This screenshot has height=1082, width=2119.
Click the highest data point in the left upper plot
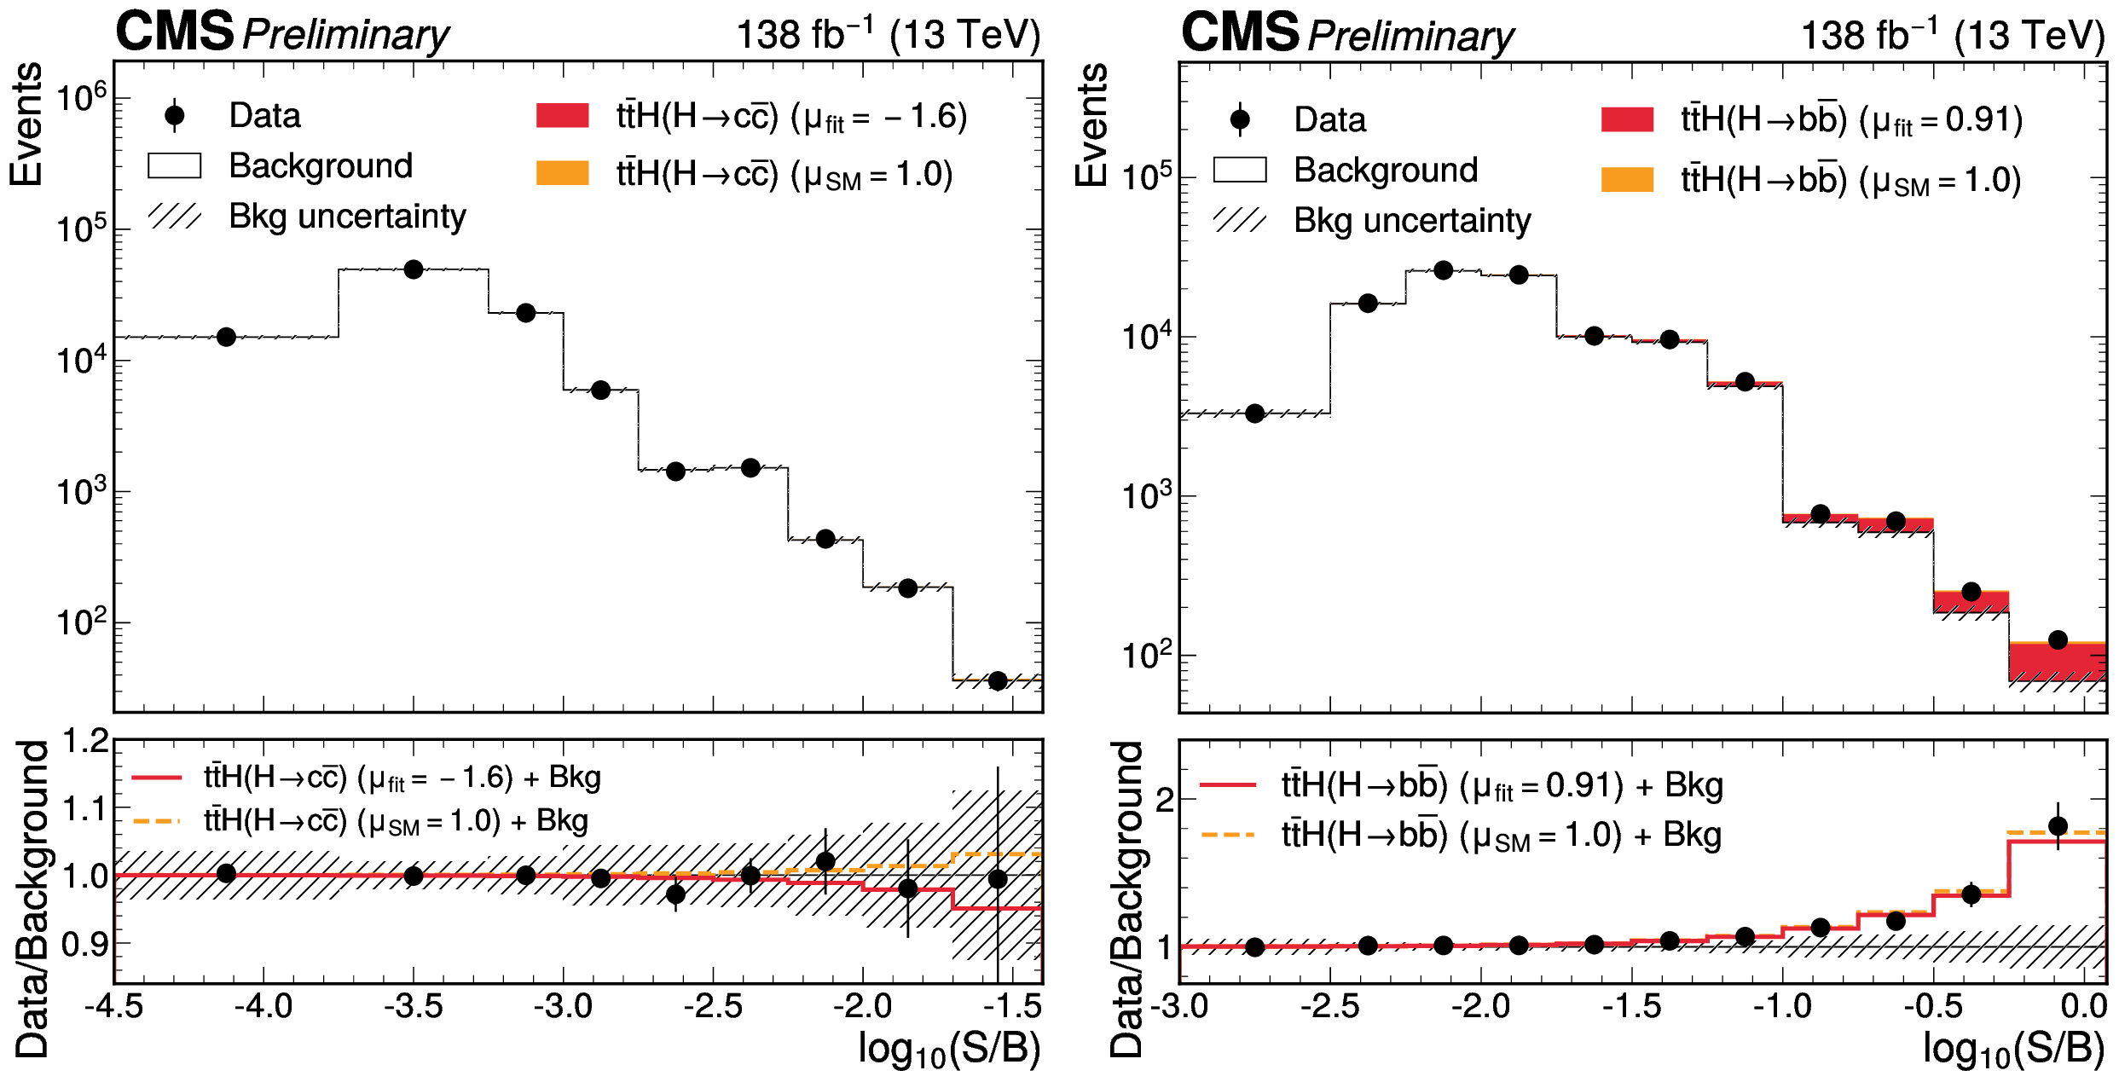pos(414,269)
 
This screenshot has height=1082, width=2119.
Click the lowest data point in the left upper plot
pos(998,680)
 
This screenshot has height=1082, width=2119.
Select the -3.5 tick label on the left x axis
pos(414,1007)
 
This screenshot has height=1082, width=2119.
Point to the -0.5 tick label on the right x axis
pos(1934,1007)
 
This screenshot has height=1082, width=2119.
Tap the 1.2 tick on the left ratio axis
pos(86,741)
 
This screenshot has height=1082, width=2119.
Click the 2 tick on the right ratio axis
pos(1165,801)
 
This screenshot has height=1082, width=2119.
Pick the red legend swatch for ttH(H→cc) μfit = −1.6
pos(562,116)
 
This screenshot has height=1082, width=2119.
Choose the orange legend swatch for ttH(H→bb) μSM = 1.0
pos(1627,180)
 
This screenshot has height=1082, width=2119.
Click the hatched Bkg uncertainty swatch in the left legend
pos(175,217)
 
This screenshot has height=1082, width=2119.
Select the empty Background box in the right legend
pos(1240,170)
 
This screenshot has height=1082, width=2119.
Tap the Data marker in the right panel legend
pos(1240,119)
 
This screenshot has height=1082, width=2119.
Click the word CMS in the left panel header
pos(175,32)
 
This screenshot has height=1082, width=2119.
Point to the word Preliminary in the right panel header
pos(1410,36)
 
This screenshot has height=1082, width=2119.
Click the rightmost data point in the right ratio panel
pos(2058,825)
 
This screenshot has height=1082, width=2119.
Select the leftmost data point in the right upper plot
pos(1254,414)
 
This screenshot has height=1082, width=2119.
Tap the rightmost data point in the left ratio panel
pos(998,879)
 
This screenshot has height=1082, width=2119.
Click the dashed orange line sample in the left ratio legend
pos(158,821)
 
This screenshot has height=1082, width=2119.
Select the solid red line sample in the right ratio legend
pos(1228,784)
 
